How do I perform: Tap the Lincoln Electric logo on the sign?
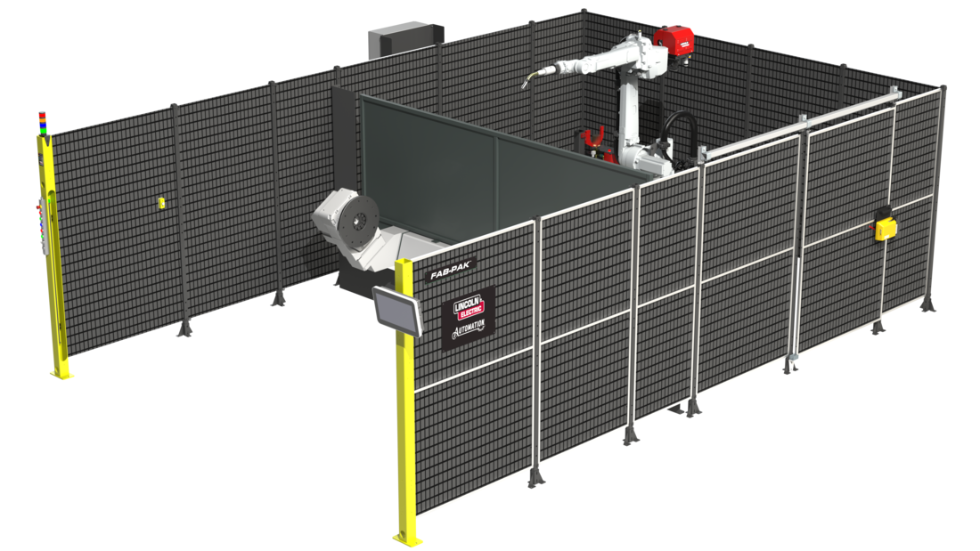pyautogui.click(x=469, y=307)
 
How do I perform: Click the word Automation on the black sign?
pyautogui.click(x=469, y=328)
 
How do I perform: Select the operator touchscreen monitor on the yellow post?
pyautogui.click(x=397, y=311)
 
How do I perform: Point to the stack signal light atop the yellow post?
pyautogui.click(x=43, y=123)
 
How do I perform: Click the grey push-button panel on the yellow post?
pyautogui.click(x=45, y=225)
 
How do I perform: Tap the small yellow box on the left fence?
pyautogui.click(x=161, y=202)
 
